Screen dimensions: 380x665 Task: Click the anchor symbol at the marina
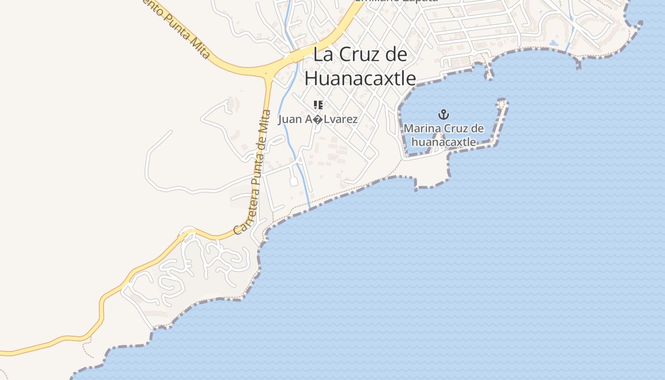[443, 114]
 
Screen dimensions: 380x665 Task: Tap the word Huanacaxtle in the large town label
[360, 78]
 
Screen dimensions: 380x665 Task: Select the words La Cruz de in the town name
[360, 55]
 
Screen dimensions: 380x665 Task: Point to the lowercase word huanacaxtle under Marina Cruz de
[443, 142]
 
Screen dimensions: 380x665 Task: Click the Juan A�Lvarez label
[318, 119]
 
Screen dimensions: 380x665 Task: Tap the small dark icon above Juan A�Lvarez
[318, 105]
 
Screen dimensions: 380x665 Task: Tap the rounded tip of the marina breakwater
[502, 102]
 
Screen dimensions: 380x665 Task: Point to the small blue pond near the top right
[553, 43]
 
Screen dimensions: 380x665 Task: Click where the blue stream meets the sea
[310, 208]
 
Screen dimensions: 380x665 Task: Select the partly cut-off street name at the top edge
[396, 1]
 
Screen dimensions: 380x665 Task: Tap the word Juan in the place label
[290, 119]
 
